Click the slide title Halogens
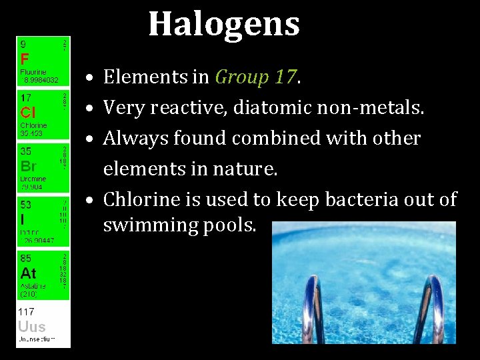click(224, 24)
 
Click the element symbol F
click(24, 57)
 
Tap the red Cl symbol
click(27, 112)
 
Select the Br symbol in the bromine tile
click(28, 166)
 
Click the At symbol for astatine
click(28, 273)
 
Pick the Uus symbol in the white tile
click(32, 327)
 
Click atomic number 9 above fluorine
click(23, 44)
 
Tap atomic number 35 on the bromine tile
click(25, 152)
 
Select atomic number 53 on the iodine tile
click(25, 205)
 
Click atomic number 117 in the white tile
click(27, 311)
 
